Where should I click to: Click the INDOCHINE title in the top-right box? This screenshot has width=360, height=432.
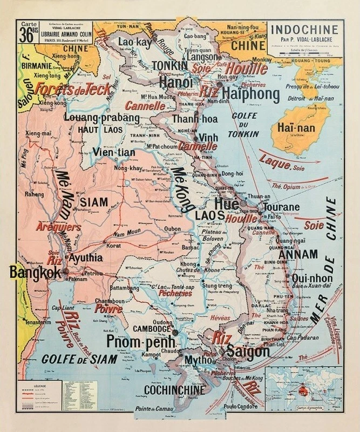pos(305,30)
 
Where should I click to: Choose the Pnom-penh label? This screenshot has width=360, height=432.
pos(141,341)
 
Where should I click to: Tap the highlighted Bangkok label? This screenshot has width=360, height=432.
pos(36,272)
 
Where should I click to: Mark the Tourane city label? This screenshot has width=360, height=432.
pos(295,207)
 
